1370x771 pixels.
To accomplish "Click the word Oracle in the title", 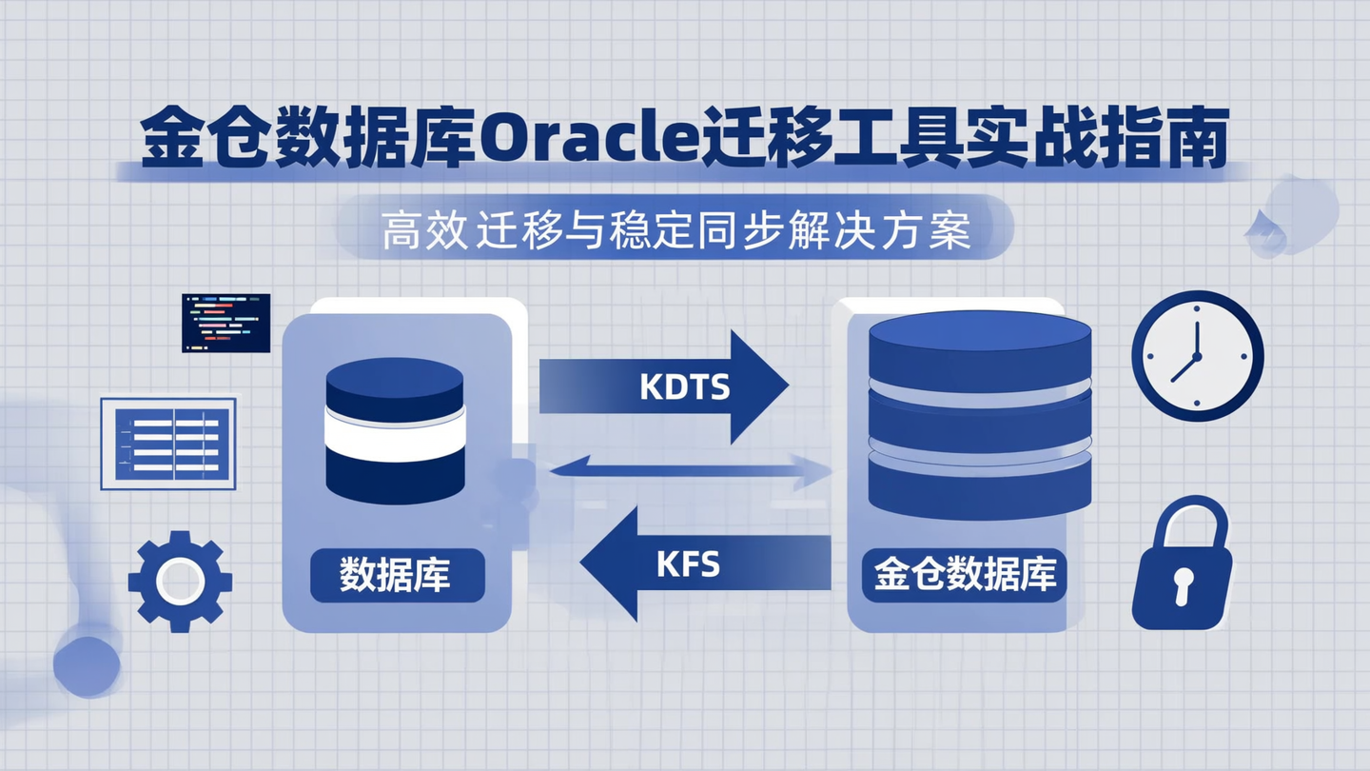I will click(578, 141).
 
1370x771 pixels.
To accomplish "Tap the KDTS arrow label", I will click(684, 387).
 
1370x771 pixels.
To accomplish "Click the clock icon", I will click(1197, 355).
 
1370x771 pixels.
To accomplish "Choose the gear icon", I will click(180, 580).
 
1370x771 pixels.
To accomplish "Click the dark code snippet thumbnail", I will click(225, 323).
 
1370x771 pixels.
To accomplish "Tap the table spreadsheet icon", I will click(168, 444).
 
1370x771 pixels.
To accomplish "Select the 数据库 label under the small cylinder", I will click(396, 575).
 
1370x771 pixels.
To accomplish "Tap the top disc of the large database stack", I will click(980, 333).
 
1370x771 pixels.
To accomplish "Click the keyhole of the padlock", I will click(1181, 583).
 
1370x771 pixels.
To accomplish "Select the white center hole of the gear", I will click(180, 580).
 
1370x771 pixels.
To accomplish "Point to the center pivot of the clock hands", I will click(1196, 356).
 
